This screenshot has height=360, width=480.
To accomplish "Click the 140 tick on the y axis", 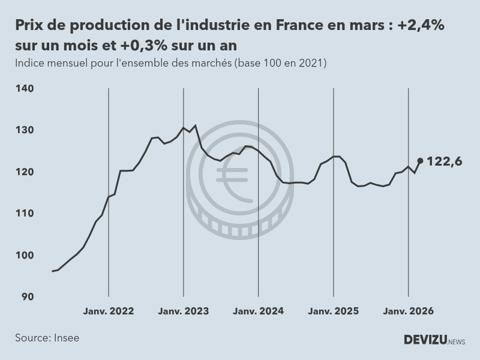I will coord(25,89).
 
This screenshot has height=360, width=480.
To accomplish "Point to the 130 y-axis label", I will coord(25,130).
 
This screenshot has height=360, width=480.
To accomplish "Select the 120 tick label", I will coord(25,172).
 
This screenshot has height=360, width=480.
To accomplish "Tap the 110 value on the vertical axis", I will coord(25,214).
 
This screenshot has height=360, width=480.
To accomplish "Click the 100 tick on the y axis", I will coord(25,255).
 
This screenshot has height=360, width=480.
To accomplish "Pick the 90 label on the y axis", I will coord(27,296).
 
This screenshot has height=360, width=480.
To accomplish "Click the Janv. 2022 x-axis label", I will coord(109,311).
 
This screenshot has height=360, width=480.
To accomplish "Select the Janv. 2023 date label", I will coord(184,311).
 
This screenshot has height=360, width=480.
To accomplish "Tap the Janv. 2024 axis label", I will coord(259,311).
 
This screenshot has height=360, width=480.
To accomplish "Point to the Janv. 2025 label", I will coord(334,311).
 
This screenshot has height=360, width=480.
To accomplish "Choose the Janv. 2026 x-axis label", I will coord(409,311).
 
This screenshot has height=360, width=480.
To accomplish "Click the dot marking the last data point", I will coord(420,161).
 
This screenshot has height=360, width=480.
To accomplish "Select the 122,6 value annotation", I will coord(444,161).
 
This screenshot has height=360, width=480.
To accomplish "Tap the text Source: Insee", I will coord(47,338).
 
